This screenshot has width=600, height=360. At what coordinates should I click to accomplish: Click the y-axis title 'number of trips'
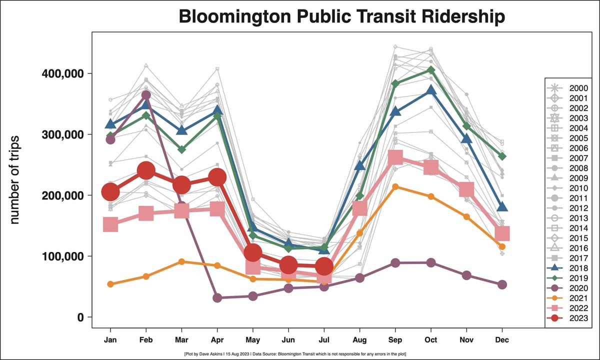click(14, 179)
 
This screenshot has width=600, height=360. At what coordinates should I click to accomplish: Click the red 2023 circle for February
click(146, 171)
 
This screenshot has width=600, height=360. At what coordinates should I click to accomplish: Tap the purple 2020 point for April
click(217, 298)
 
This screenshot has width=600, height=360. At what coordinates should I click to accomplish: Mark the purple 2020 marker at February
click(146, 95)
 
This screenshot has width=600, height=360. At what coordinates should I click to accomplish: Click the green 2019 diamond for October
click(431, 70)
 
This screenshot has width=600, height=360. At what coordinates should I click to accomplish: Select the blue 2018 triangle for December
click(502, 207)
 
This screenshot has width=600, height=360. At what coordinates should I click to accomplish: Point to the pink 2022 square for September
click(395, 157)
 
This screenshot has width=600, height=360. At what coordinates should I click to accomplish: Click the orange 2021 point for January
click(110, 284)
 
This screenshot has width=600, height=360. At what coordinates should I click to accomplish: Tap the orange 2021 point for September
click(395, 187)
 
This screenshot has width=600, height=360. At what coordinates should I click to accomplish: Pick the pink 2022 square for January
click(110, 225)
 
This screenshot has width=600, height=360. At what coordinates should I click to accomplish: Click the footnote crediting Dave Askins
click(295, 354)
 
